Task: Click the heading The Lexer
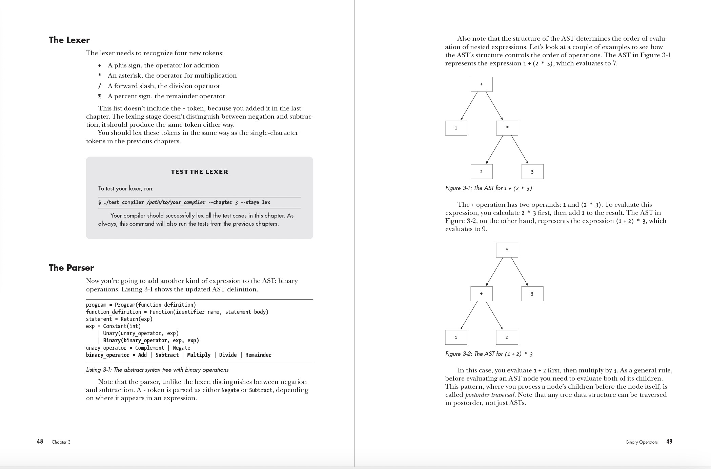69,40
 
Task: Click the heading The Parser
71,268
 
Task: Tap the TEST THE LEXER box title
199,172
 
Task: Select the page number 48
40,441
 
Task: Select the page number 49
669,441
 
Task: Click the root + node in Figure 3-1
481,84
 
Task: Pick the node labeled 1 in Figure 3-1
456,128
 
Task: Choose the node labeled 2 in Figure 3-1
481,172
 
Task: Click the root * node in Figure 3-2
507,250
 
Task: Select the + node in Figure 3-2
481,294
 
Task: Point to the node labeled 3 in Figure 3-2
532,294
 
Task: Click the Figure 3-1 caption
488,188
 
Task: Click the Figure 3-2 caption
489,354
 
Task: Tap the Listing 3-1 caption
157,370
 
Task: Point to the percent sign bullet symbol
100,96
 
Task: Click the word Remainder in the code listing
258,355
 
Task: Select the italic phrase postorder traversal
490,395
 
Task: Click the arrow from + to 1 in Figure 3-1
469,106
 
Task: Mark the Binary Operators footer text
642,442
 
